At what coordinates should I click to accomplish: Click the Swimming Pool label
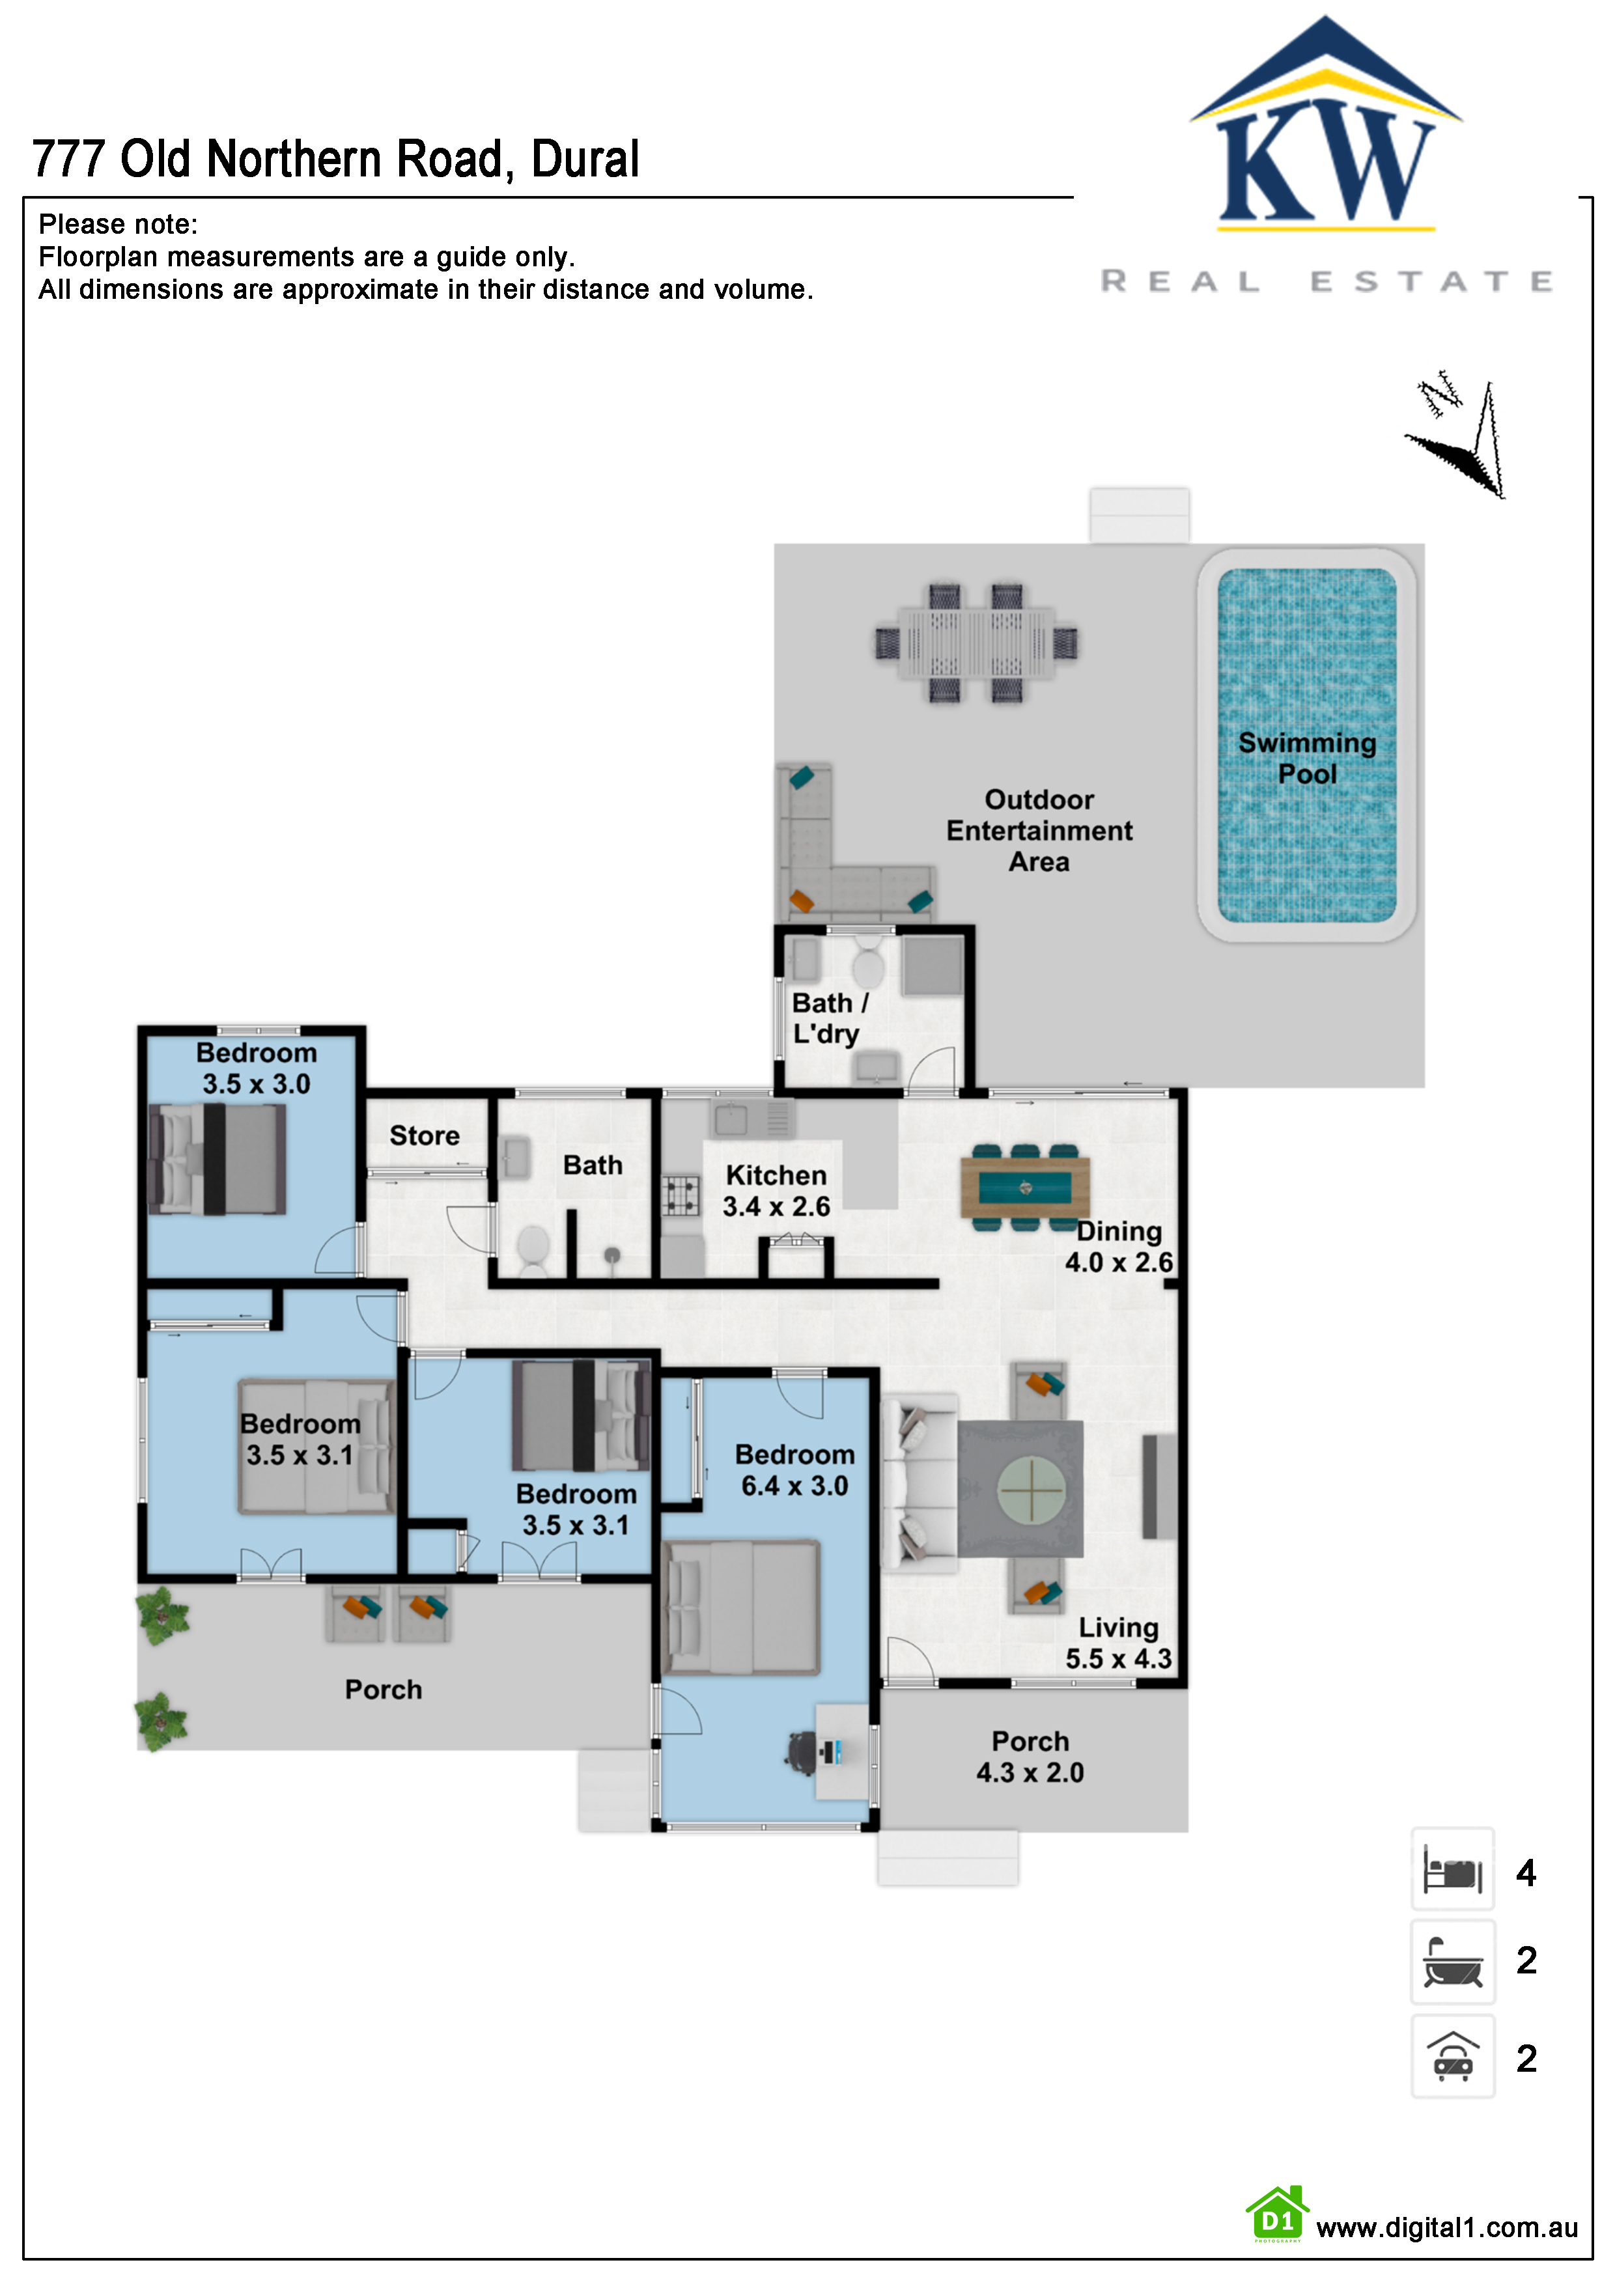pos(1306,758)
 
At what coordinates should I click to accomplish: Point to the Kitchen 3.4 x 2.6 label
pos(776,1191)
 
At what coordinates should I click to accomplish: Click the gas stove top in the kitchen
pos(682,1196)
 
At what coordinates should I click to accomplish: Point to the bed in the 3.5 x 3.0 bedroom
pos(217,1159)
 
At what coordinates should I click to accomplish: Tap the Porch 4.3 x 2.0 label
pos(1030,1757)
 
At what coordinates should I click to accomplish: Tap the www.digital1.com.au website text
pos(1447,2227)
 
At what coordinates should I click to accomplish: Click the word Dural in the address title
pos(585,159)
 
